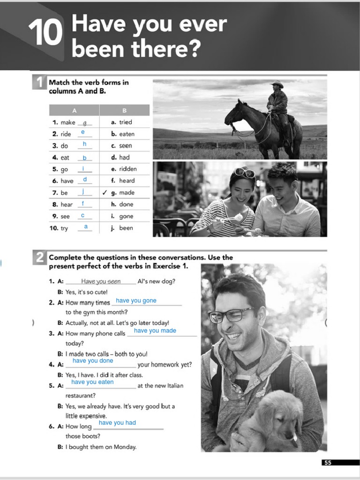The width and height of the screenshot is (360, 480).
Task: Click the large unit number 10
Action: point(45,33)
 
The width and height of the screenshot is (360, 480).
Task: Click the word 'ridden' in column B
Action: point(127,169)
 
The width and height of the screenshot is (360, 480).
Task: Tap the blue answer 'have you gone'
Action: point(136,300)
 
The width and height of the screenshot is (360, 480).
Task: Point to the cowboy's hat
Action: point(277,84)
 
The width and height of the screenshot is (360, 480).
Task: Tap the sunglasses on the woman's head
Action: point(245,172)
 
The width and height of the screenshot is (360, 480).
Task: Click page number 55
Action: point(328,463)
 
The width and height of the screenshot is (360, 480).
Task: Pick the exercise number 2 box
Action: point(40,257)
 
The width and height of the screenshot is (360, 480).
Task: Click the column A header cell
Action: point(74,111)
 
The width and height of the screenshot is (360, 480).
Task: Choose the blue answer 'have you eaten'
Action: point(92,382)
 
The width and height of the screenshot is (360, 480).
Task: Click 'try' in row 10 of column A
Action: point(64,228)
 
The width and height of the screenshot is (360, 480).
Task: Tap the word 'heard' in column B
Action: point(127,180)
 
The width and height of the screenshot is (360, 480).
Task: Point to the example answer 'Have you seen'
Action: point(101,282)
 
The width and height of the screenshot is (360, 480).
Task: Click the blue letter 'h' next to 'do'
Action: point(84,144)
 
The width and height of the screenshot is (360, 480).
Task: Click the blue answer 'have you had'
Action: point(117,423)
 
